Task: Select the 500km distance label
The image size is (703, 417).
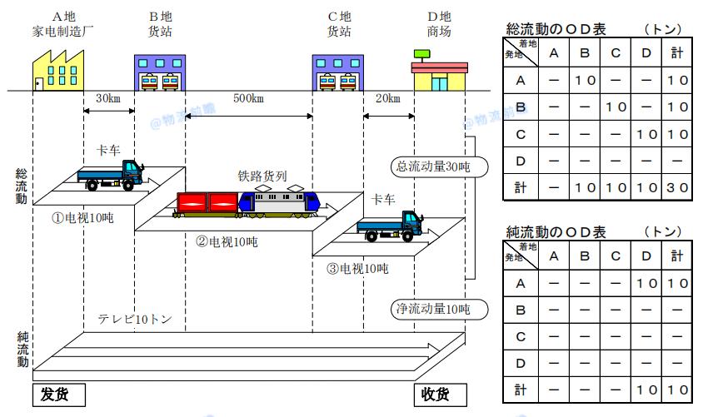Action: click(x=248, y=99)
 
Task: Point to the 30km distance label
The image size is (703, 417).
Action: click(x=108, y=98)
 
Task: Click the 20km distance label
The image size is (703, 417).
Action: click(x=387, y=98)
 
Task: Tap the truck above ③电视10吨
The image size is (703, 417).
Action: click(x=390, y=226)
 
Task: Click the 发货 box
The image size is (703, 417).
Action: click(x=60, y=394)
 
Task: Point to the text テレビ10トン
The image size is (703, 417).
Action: click(x=135, y=319)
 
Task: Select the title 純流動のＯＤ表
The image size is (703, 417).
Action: click(x=556, y=231)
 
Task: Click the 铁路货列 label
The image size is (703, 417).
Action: click(x=263, y=176)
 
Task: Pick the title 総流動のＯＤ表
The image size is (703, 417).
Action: click(x=556, y=29)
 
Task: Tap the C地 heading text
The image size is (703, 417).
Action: click(x=338, y=16)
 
